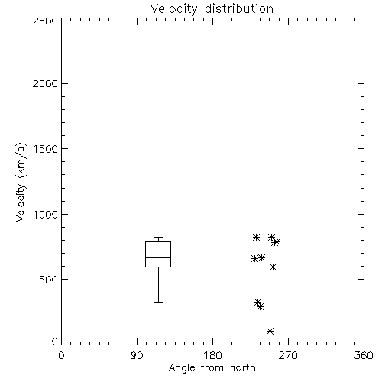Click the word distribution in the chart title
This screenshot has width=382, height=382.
pos(239,8)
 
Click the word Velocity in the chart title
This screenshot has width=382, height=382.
pos(173,9)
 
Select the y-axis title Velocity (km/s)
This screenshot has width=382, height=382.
pos(21,182)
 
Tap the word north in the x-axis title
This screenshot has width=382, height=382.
pos(243,367)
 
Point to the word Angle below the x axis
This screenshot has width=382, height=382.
pos(182,368)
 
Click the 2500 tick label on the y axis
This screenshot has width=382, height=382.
pos(45,21)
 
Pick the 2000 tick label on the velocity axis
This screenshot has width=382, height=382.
pos(45,83)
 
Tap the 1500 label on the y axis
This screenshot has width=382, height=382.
pos(46,149)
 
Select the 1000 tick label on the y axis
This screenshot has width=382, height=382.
pos(46,214)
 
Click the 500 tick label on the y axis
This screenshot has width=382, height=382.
pos(49,280)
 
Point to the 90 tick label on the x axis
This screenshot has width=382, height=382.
pos(137,355)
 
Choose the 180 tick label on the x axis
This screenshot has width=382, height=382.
pos(212,355)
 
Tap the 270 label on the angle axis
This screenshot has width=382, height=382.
pos(288,355)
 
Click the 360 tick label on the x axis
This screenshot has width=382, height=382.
pos(364,355)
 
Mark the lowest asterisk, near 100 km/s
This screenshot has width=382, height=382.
pos(270,331)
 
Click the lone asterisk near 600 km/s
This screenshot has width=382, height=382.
pos(273,267)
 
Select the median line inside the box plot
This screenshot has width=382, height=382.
pos(158,257)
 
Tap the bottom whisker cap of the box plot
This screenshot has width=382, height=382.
pos(158,302)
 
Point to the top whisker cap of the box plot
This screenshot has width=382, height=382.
pos(158,238)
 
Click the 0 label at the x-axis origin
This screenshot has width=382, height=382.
pos(61,355)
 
